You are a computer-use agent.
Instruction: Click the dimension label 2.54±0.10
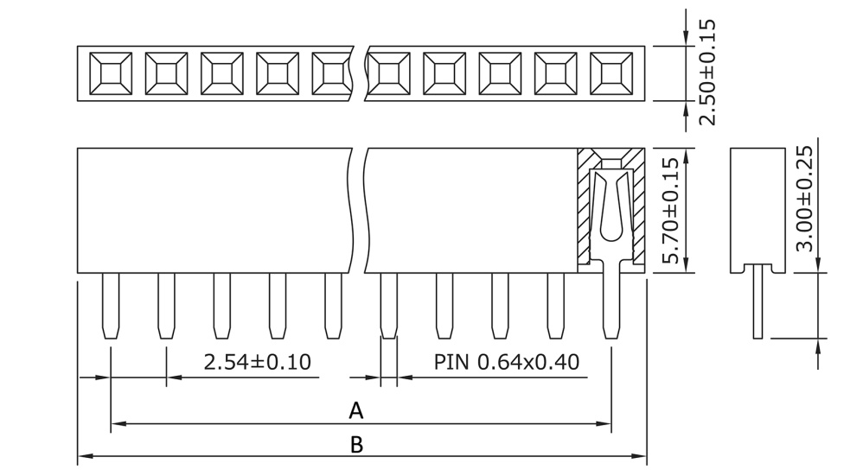(257, 362)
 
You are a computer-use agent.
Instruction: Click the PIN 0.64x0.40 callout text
(506, 362)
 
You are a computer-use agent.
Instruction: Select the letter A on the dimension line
(355, 411)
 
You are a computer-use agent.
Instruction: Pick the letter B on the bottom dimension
(356, 444)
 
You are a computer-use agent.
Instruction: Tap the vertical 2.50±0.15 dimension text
(707, 73)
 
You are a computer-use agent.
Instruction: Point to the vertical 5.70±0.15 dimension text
(668, 211)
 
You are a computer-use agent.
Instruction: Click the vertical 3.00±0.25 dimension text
(804, 198)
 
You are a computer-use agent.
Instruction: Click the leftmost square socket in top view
(111, 73)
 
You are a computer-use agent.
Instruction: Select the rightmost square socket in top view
(611, 73)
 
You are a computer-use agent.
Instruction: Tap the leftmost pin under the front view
(111, 306)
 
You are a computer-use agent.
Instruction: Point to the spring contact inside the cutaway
(610, 207)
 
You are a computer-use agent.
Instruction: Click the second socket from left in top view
(166, 73)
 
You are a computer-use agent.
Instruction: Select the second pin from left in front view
(166, 306)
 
